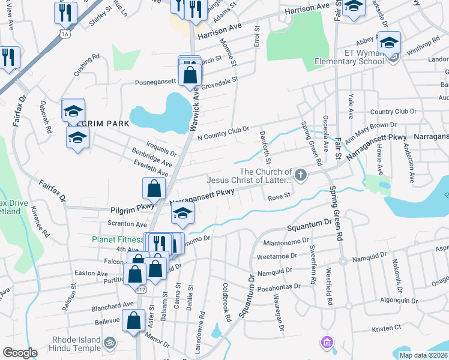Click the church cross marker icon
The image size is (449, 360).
pyautogui.click(x=301, y=176)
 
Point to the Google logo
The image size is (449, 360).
pyautogui.click(x=20, y=352)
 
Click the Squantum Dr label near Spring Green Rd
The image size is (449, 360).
pyautogui.click(x=309, y=227)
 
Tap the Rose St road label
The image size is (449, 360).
pyautogui.click(x=279, y=196)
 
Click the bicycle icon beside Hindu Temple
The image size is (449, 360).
pyautogui.click(x=109, y=343)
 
